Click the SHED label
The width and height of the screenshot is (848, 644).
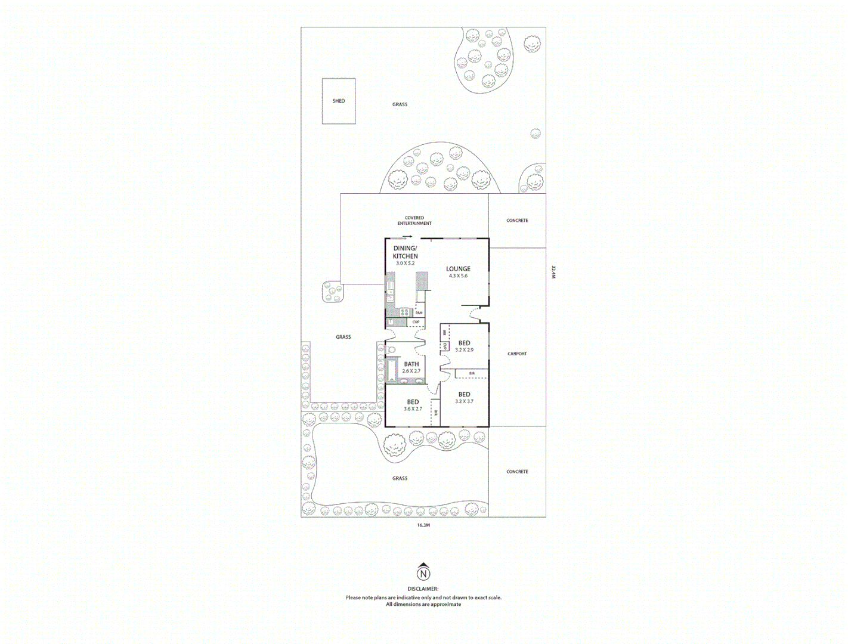339,101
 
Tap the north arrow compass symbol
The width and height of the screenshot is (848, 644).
423,573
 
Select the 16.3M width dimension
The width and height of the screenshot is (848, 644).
423,525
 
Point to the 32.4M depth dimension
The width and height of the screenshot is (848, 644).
553,272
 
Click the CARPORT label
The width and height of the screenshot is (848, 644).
517,354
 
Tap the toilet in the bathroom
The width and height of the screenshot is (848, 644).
391,349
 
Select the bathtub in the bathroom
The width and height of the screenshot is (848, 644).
392,370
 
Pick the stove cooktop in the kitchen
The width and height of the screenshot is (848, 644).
404,312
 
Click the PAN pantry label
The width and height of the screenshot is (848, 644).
419,312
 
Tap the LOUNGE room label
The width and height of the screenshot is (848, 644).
458,269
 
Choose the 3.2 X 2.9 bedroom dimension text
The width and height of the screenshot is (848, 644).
464,350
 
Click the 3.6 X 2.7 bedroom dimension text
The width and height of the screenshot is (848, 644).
413,409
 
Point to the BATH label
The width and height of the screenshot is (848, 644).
411,364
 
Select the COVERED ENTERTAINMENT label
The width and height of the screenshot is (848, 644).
414,221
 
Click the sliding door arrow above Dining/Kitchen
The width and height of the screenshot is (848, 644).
407,236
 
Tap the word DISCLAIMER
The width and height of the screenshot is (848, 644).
423,589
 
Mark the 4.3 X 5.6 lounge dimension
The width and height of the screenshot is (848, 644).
458,276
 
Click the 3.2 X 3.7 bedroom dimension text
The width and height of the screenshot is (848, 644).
464,401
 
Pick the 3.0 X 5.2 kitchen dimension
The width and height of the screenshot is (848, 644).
405,263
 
